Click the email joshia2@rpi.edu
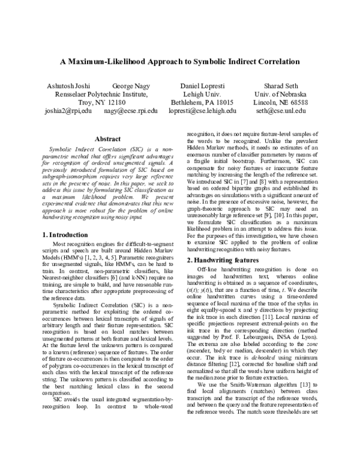(x=68, y=111)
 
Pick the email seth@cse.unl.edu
(x=281, y=111)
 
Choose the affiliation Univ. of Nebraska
(x=281, y=94)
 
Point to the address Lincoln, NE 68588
(x=281, y=103)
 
